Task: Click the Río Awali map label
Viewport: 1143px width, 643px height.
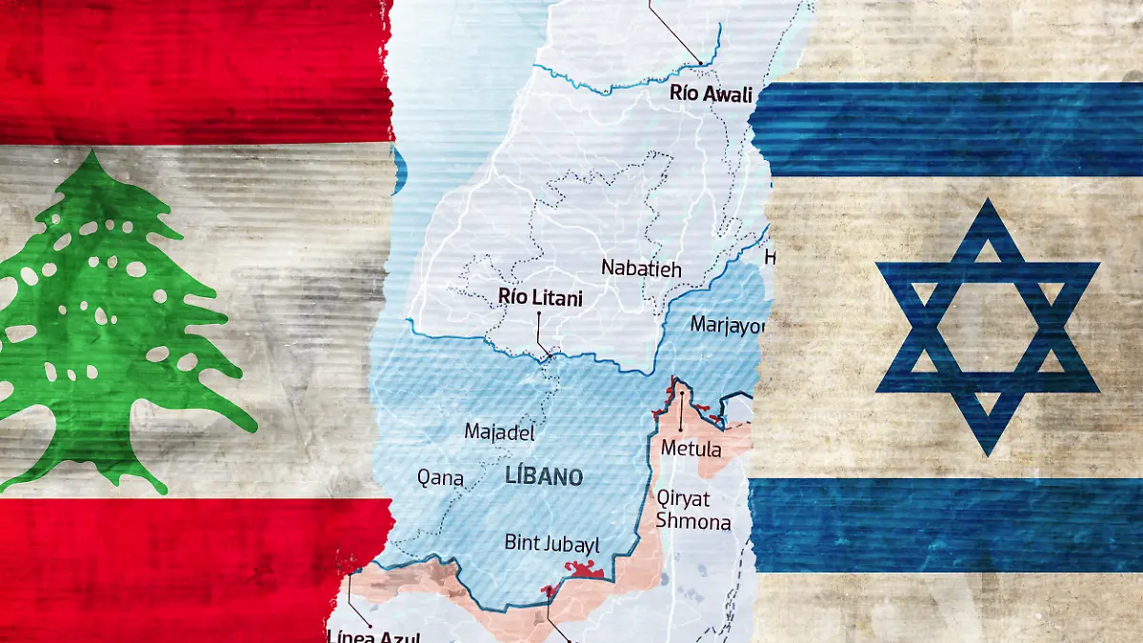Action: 711,93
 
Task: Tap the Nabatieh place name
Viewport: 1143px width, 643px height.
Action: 641,269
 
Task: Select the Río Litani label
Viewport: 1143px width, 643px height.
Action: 540,297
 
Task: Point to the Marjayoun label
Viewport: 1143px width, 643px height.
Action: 727,324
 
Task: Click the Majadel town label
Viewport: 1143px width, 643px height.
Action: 499,432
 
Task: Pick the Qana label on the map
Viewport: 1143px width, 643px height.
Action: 441,477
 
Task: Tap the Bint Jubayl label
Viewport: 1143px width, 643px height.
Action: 552,544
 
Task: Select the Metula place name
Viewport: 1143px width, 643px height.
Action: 691,449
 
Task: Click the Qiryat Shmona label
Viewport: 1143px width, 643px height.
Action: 693,510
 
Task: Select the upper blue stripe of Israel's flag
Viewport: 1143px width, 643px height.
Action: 952,129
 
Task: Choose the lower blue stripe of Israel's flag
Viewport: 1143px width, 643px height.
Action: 952,524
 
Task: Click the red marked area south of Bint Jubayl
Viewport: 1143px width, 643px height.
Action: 583,571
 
